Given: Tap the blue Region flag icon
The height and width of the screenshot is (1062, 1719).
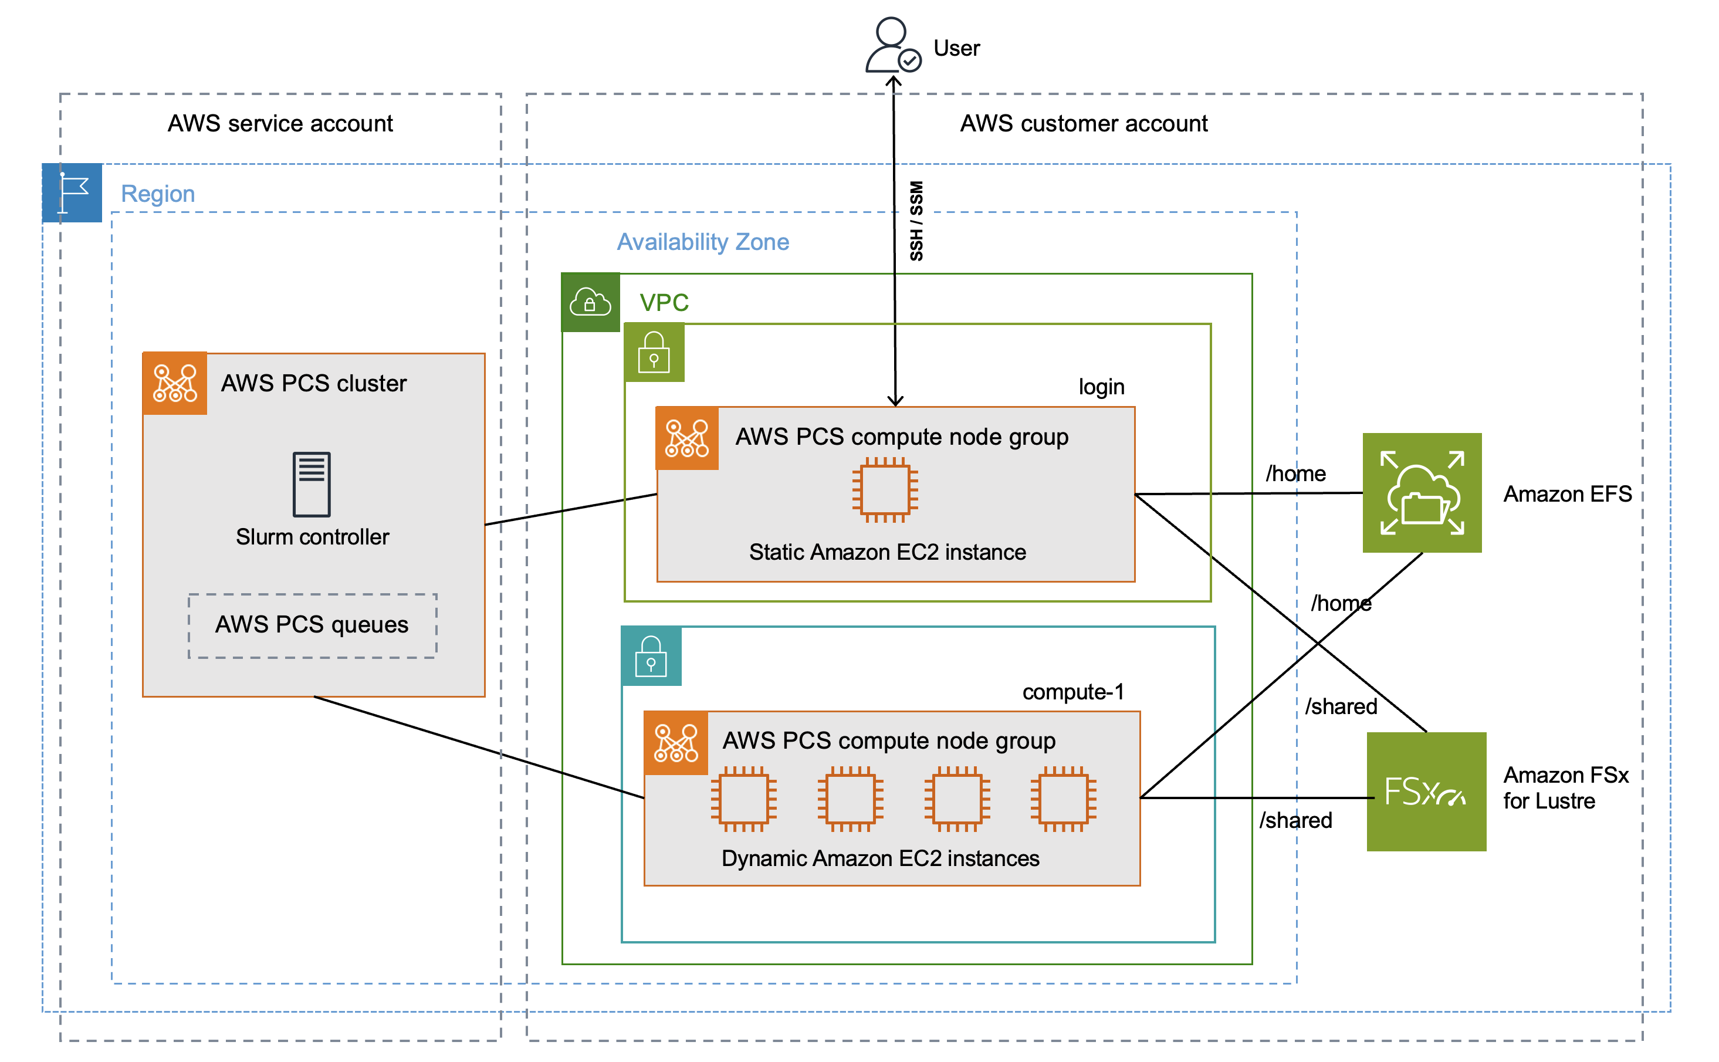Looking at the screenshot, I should pyautogui.click(x=72, y=192).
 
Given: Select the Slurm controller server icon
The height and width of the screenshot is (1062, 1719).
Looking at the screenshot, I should pyautogui.click(x=311, y=484).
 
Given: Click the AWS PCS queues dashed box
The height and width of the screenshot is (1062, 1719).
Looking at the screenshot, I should pyautogui.click(x=312, y=625).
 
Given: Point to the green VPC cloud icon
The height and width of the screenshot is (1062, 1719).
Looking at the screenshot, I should pyautogui.click(x=590, y=302).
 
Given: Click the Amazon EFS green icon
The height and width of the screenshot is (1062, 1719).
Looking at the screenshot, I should pyautogui.click(x=1422, y=492).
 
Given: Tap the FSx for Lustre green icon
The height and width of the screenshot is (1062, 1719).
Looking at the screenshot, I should pyautogui.click(x=1426, y=792).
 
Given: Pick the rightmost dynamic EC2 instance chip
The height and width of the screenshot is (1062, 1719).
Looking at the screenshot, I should pyautogui.click(x=1063, y=799).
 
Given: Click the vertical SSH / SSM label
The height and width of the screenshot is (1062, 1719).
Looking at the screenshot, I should pyautogui.click(x=916, y=221).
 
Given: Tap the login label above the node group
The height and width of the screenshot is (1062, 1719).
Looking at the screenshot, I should pyautogui.click(x=1101, y=387).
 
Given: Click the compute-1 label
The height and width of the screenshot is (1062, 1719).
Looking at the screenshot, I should pyautogui.click(x=1072, y=692).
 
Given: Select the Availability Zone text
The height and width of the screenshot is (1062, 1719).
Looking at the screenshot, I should pyautogui.click(x=702, y=242).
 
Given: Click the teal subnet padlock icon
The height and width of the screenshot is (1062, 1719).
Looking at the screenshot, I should pyautogui.click(x=651, y=656).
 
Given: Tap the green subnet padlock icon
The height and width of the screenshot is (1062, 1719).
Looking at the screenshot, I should pyautogui.click(x=654, y=353).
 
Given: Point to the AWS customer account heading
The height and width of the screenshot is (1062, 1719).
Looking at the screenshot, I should pyautogui.click(x=1083, y=124).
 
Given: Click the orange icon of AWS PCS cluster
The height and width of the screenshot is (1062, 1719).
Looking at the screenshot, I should pyautogui.click(x=175, y=384).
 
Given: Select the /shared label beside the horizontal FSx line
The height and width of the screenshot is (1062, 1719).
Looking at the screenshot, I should pyautogui.click(x=1295, y=820).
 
